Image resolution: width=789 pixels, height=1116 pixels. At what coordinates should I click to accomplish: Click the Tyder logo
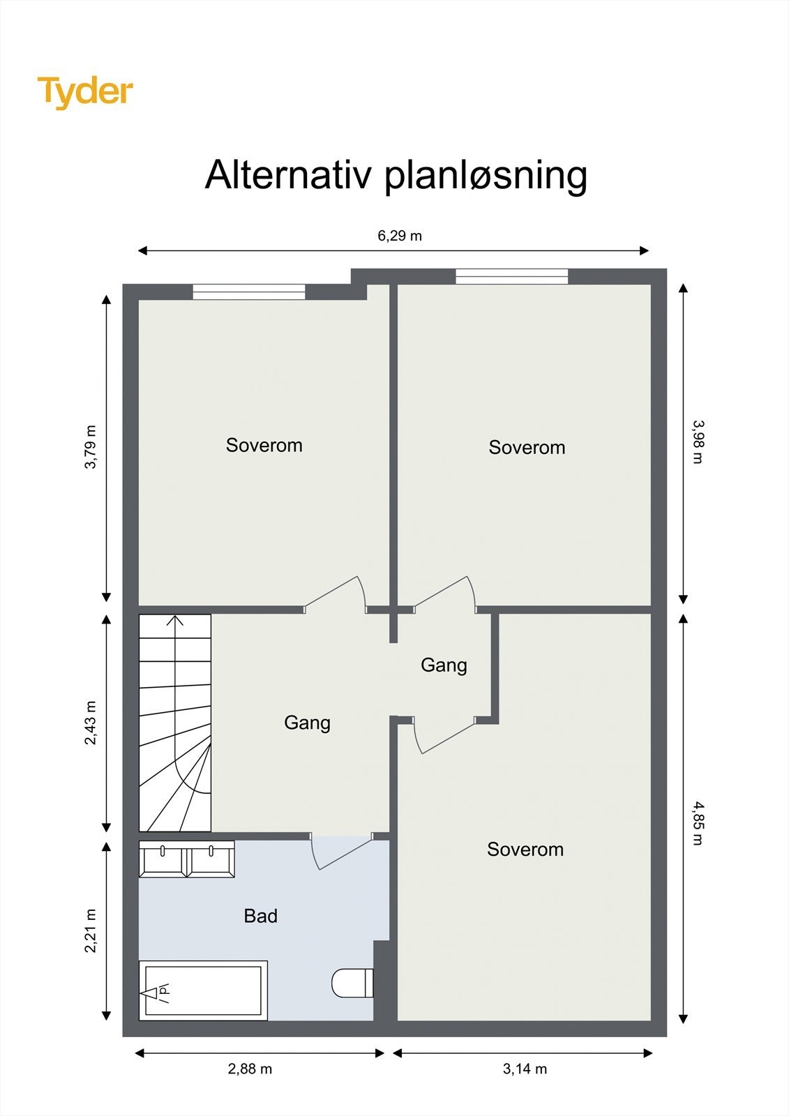(x=84, y=92)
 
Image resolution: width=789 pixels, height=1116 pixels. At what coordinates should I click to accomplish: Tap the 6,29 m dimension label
(x=400, y=236)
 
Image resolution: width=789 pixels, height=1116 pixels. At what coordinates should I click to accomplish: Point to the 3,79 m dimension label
(x=91, y=446)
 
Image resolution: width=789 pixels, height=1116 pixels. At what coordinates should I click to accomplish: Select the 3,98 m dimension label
(x=698, y=441)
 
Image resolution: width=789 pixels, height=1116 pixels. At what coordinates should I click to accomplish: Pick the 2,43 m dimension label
(x=91, y=723)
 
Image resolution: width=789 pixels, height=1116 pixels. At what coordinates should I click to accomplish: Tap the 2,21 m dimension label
(x=91, y=931)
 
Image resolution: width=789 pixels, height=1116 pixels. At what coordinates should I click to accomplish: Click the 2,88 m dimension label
(x=250, y=1069)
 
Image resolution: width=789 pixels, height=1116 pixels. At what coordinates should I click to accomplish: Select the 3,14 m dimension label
(x=525, y=1069)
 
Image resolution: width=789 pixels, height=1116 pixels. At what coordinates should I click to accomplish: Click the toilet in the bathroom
(x=351, y=983)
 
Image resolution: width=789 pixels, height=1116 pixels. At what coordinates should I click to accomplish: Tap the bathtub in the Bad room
(x=203, y=990)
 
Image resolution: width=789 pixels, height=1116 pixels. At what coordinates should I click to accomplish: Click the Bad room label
(x=260, y=916)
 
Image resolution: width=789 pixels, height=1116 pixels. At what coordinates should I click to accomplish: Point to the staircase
(x=175, y=723)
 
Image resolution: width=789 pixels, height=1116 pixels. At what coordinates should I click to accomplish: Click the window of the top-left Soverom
(x=249, y=292)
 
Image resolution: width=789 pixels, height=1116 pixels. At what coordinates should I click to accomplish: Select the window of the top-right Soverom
(x=511, y=277)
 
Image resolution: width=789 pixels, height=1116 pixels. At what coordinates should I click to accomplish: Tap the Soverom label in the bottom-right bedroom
(x=525, y=850)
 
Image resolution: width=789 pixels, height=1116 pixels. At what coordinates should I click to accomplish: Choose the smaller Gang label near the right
(x=444, y=665)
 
